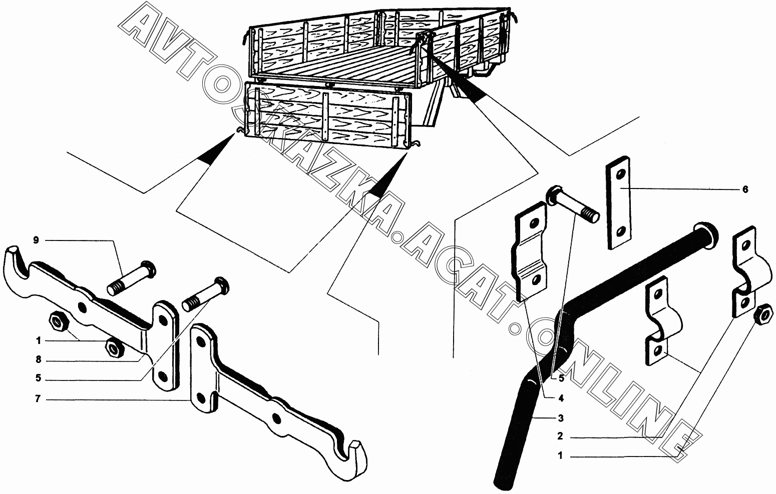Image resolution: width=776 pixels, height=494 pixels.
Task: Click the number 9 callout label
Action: pyautogui.click(x=36, y=240)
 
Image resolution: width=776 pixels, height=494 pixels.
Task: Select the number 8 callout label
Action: pyautogui.click(x=38, y=360)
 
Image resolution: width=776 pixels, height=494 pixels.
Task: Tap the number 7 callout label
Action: pyautogui.click(x=38, y=400)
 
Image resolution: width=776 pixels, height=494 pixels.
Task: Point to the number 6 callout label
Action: pyautogui.click(x=744, y=189)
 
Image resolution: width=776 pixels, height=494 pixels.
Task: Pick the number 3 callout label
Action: pyautogui.click(x=561, y=417)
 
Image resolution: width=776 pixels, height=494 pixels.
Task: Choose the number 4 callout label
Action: pyautogui.click(x=561, y=398)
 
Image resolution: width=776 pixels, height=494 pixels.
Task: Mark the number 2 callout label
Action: pyautogui.click(x=560, y=436)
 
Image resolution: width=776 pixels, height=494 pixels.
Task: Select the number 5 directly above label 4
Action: pyautogui.click(x=561, y=378)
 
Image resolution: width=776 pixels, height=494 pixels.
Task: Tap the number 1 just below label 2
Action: pyautogui.click(x=560, y=456)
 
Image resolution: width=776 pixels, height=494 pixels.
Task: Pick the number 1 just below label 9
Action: pyautogui.click(x=38, y=340)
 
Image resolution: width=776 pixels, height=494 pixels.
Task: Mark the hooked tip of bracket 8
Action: pyautogui.click(x=15, y=260)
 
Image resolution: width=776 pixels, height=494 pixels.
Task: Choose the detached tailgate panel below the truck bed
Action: pyautogui.click(x=328, y=115)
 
